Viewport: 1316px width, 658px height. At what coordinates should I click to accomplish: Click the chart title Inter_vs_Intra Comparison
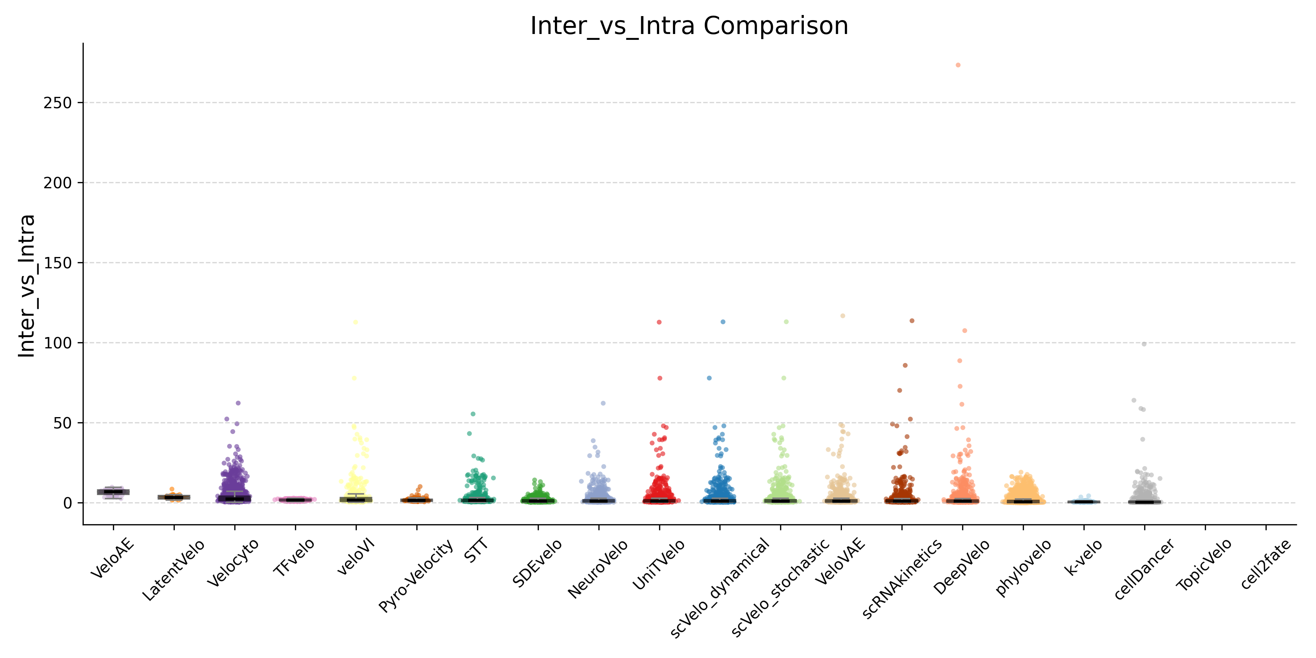click(x=689, y=26)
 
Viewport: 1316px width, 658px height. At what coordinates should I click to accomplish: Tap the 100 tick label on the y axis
click(x=57, y=343)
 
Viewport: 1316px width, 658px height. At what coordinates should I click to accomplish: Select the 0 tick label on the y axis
click(x=67, y=503)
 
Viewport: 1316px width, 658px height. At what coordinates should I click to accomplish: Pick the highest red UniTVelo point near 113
click(x=659, y=322)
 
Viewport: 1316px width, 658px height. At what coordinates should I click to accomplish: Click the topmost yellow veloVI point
click(x=355, y=322)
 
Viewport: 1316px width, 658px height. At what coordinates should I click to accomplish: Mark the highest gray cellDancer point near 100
click(x=1144, y=344)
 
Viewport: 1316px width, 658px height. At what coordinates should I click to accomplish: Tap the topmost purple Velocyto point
click(x=238, y=403)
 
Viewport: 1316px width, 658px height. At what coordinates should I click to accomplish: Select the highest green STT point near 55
click(x=473, y=414)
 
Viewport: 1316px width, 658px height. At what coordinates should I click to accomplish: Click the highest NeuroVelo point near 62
click(x=603, y=403)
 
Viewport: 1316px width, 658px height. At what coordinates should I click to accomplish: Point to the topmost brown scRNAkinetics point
click(x=912, y=321)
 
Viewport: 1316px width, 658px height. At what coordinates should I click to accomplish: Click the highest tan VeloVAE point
click(x=843, y=316)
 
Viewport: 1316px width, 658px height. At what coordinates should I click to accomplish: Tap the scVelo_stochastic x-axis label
click(x=780, y=587)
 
